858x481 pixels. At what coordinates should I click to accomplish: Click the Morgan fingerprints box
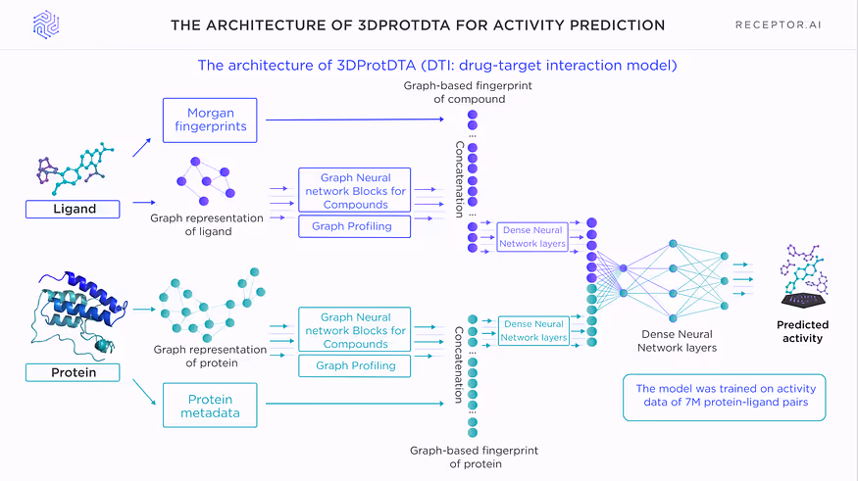click(210, 120)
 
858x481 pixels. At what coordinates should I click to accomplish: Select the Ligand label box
click(74, 209)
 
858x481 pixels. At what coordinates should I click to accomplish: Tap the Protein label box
click(74, 372)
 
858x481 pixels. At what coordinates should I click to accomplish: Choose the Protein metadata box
click(210, 405)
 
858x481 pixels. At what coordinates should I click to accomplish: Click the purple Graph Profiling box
click(353, 226)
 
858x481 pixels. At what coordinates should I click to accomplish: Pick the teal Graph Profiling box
click(353, 365)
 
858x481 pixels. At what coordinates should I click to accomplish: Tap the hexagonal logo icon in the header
click(46, 24)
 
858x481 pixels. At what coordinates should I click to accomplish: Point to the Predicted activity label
click(802, 331)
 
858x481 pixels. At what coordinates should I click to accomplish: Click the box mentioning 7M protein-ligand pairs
click(724, 397)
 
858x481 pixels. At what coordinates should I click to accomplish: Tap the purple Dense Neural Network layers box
click(531, 237)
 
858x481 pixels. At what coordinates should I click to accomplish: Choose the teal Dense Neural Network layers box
click(533, 330)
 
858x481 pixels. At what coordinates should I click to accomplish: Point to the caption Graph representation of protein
click(210, 357)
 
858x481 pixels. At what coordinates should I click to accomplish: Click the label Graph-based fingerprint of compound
click(454, 92)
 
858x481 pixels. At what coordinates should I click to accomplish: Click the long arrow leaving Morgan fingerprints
click(363, 120)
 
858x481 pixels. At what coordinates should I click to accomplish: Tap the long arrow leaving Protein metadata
click(363, 403)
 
